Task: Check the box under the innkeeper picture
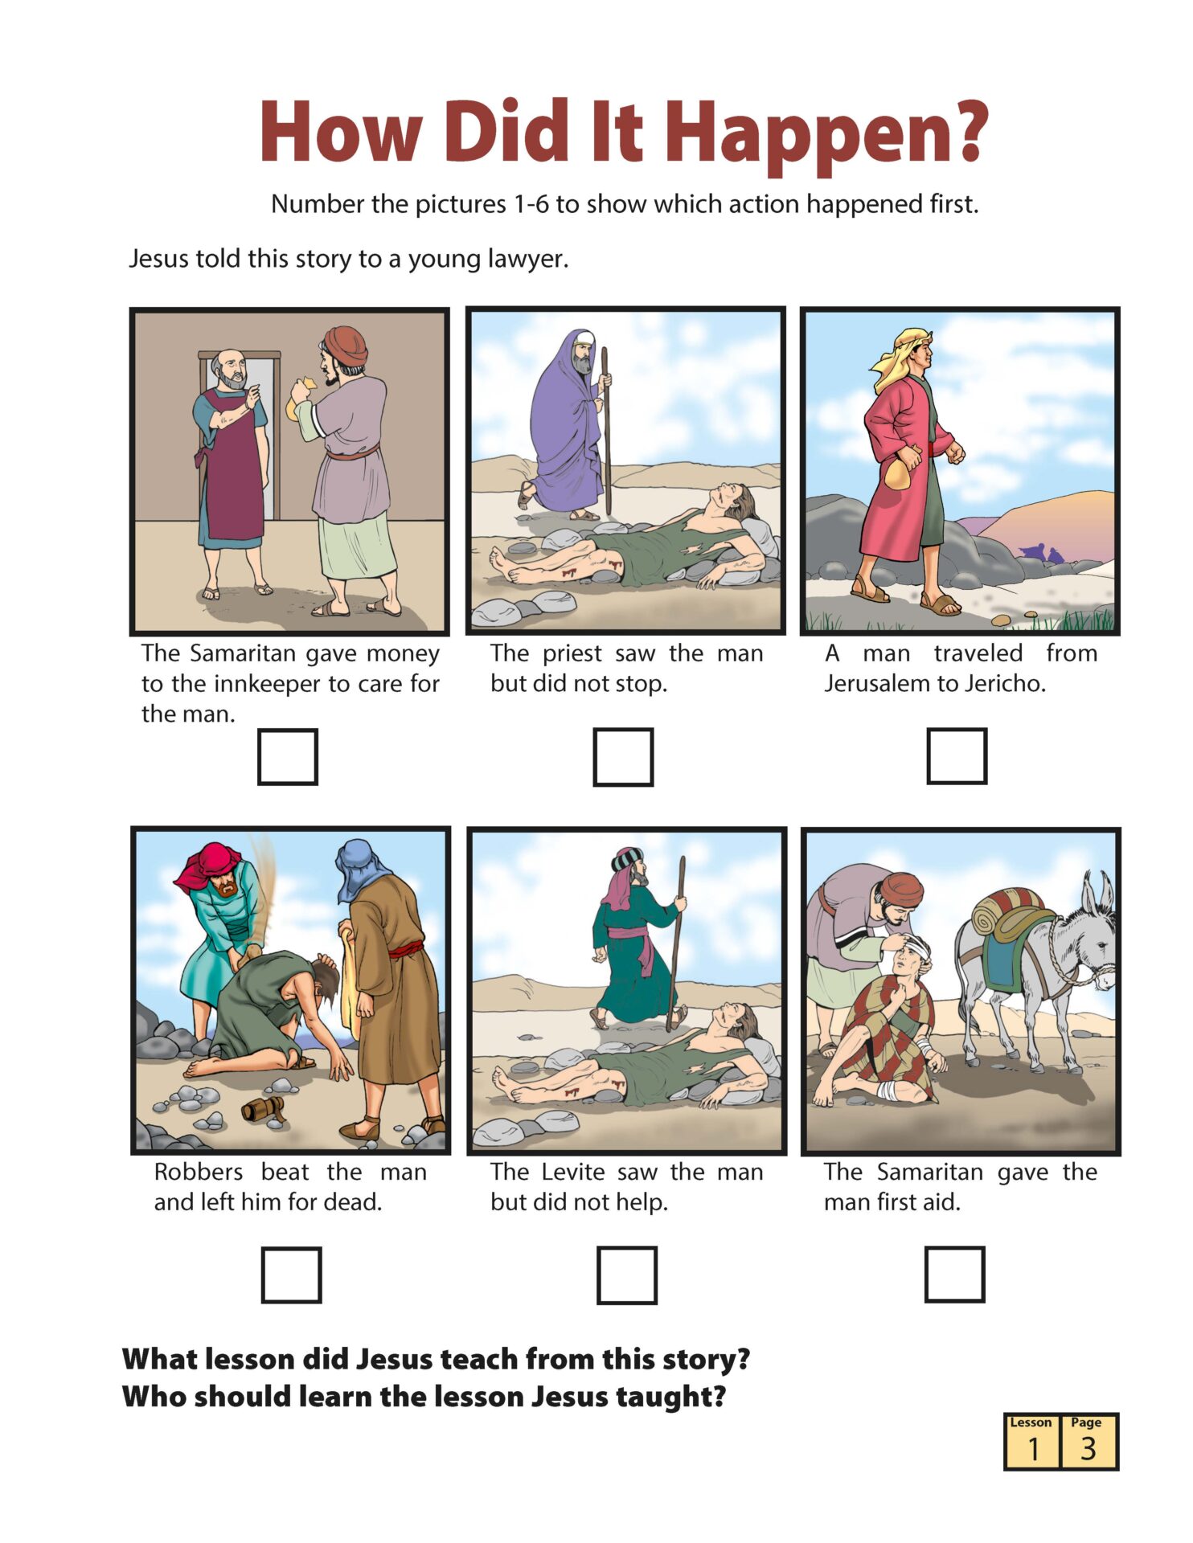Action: pyautogui.click(x=287, y=756)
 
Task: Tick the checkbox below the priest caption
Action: pyautogui.click(x=623, y=756)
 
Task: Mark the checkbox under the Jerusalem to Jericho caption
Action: pyautogui.click(x=957, y=755)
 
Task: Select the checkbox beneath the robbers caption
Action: pyautogui.click(x=291, y=1275)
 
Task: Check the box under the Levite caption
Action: pyautogui.click(x=626, y=1275)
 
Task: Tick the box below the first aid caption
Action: pyautogui.click(x=954, y=1274)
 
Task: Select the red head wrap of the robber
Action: pyautogui.click(x=208, y=866)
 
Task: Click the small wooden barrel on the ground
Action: pyautogui.click(x=264, y=1110)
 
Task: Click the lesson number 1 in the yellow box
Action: pyautogui.click(x=1033, y=1448)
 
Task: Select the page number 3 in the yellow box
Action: pyautogui.click(x=1088, y=1448)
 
